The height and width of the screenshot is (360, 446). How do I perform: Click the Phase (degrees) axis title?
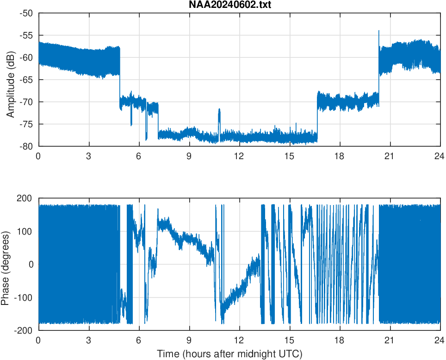(6, 264)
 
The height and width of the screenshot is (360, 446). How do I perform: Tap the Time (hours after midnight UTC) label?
(229, 354)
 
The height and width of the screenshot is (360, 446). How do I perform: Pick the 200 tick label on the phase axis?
(25, 198)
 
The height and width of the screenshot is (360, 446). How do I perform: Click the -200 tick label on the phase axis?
(23, 330)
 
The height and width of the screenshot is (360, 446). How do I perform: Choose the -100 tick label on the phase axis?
(23, 298)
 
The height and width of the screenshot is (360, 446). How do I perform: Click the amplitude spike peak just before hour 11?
(219, 109)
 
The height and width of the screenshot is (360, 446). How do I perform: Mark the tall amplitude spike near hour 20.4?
(379, 31)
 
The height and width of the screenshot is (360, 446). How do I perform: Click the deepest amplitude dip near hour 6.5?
(146, 139)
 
